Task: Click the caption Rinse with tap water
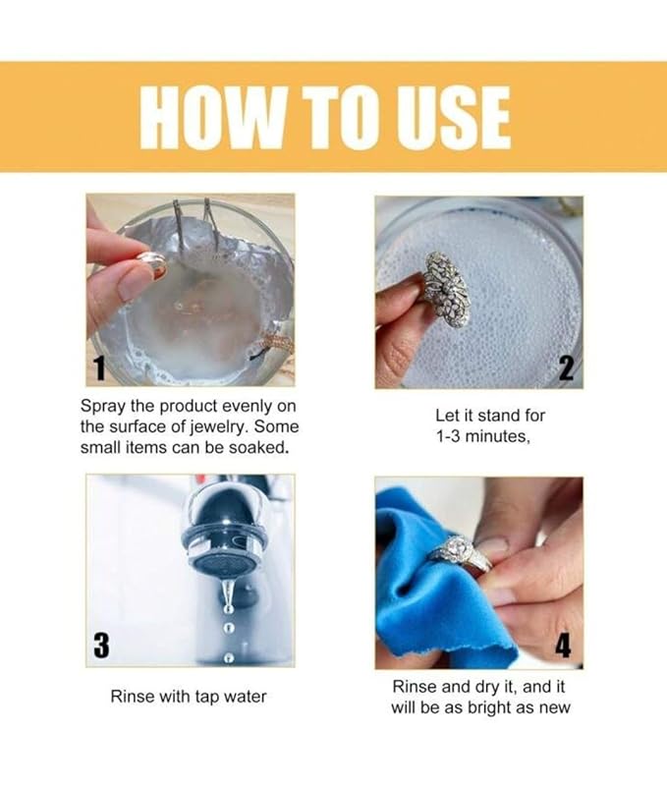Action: coord(188,698)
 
